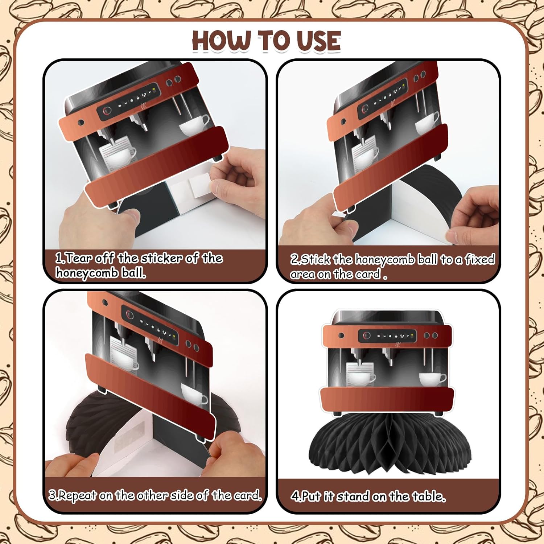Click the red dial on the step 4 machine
tap(367, 336)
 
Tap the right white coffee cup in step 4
tap(432, 379)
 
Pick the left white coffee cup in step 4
tap(360, 378)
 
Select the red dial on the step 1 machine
tap(107, 111)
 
